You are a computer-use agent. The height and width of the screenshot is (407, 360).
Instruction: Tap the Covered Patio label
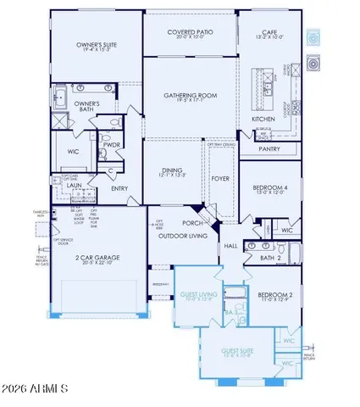click(190, 32)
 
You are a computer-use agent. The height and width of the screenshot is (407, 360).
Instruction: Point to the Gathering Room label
click(188, 98)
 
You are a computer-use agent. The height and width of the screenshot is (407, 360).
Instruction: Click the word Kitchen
click(263, 120)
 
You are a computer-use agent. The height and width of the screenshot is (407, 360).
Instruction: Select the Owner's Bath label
click(89, 105)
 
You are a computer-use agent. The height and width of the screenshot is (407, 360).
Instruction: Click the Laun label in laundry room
click(75, 183)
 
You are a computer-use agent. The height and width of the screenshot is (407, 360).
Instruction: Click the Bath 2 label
click(270, 258)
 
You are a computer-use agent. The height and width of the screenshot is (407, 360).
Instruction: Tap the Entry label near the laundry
click(118, 189)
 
